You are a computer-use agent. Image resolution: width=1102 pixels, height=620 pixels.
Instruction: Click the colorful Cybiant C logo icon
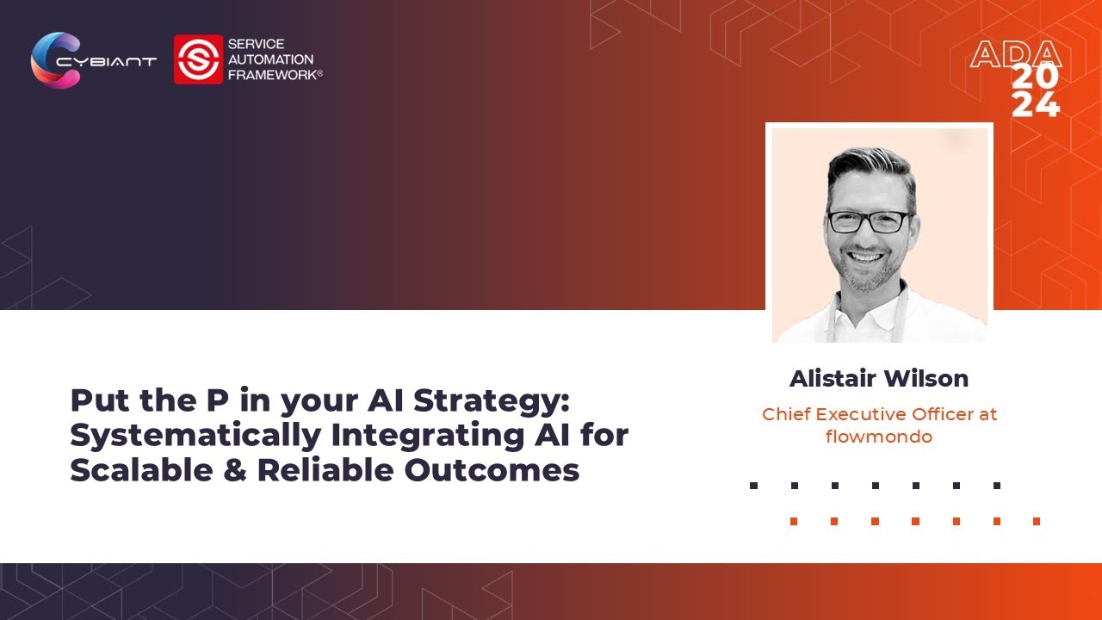pyautogui.click(x=53, y=59)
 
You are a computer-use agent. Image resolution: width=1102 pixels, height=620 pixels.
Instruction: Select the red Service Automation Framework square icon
pyautogui.click(x=198, y=59)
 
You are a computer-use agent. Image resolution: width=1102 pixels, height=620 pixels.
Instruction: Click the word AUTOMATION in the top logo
pyautogui.click(x=270, y=59)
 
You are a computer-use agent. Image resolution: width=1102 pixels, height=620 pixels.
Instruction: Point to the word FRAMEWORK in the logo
pyautogui.click(x=274, y=75)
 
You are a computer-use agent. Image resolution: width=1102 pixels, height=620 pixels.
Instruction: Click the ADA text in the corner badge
pyautogui.click(x=1015, y=55)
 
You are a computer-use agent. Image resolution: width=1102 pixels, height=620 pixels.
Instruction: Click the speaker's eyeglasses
pyautogui.click(x=869, y=221)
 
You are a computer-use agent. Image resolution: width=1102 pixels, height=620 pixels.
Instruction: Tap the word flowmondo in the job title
pyautogui.click(x=879, y=437)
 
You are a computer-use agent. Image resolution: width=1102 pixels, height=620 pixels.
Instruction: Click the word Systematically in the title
pyautogui.click(x=195, y=436)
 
